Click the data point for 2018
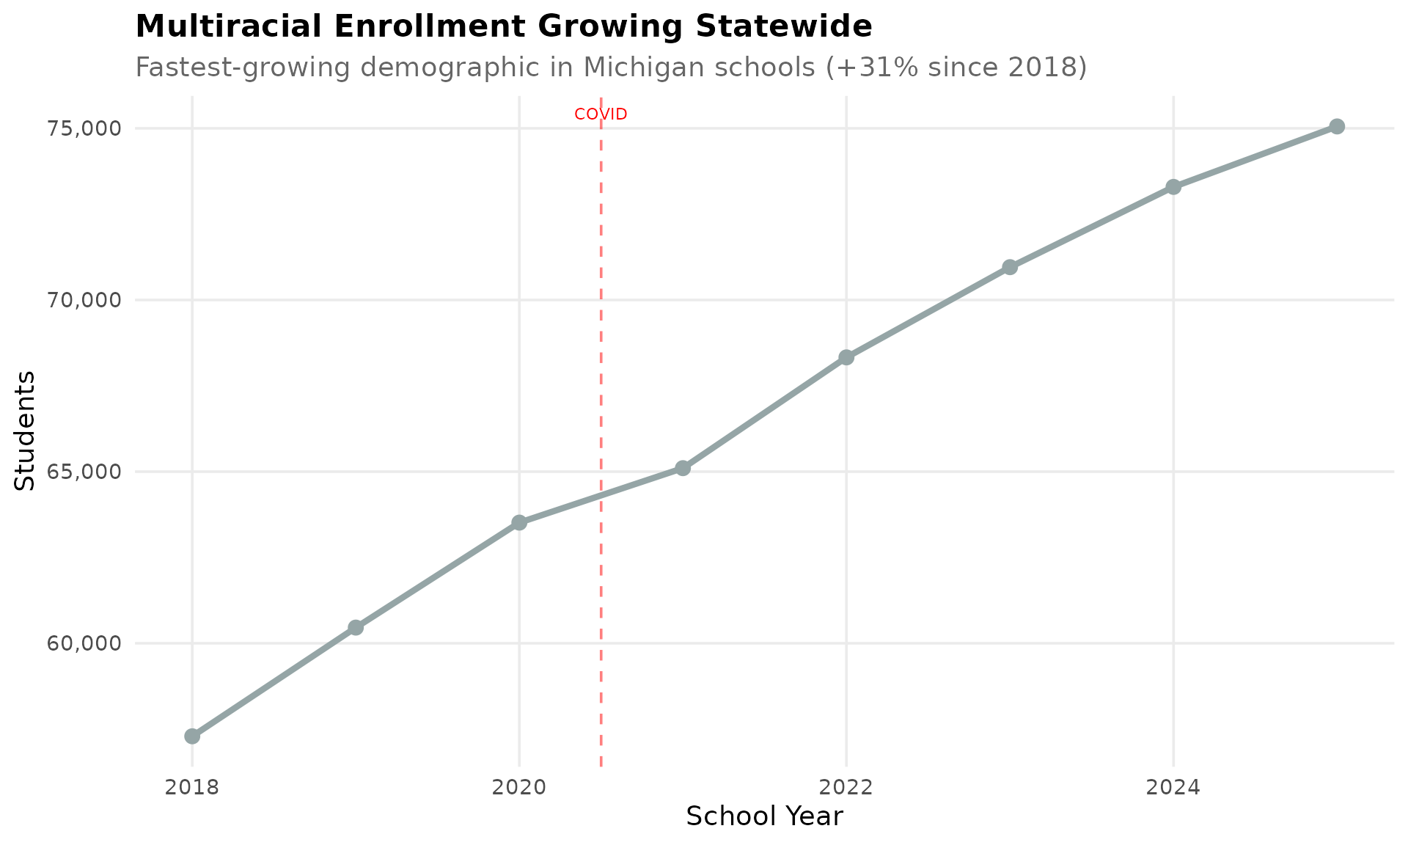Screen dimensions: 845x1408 tap(192, 736)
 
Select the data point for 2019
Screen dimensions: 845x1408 tap(356, 627)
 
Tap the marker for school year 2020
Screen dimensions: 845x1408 tap(519, 522)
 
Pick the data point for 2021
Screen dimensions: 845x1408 tap(683, 468)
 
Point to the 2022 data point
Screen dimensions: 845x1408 tap(846, 357)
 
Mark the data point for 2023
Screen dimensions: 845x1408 tap(1010, 267)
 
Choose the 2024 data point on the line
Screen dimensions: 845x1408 tap(1173, 187)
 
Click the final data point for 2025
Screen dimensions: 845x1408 tap(1337, 126)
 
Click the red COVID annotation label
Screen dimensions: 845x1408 tap(601, 114)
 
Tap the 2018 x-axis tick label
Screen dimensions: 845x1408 tap(192, 788)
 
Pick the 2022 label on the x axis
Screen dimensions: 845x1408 tap(846, 788)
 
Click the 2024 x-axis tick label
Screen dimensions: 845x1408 tap(1173, 788)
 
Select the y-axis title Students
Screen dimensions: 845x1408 tap(26, 431)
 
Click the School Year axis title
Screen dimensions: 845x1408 tap(764, 816)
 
